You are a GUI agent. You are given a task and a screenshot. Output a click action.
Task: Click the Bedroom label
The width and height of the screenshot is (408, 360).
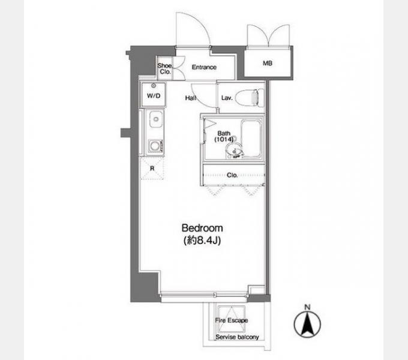[202, 228]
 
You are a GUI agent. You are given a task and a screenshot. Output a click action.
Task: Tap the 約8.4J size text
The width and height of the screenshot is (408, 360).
[202, 241]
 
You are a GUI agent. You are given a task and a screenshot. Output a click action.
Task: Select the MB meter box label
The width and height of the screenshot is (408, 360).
[268, 63]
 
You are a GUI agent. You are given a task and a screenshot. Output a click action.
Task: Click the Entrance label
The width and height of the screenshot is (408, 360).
[204, 67]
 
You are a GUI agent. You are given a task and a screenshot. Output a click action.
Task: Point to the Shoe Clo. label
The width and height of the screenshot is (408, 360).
[165, 68]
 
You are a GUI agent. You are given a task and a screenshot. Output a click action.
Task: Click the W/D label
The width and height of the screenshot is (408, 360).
[154, 96]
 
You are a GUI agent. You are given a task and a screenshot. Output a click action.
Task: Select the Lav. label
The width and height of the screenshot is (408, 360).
[227, 98]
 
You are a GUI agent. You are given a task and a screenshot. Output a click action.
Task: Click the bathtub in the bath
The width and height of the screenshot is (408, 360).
[251, 139]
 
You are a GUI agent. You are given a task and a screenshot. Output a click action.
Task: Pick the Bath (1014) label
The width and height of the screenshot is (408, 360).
[224, 136]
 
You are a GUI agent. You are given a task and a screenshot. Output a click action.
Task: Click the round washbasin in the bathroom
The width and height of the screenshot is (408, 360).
[233, 150]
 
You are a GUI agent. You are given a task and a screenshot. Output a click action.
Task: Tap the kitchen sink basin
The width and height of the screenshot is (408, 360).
[156, 119]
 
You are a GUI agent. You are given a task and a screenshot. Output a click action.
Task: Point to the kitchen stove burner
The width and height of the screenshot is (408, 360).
[155, 146]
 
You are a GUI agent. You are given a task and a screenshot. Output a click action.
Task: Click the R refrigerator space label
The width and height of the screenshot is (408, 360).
[152, 168]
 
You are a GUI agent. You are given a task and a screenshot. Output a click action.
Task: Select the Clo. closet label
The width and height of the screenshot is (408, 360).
[232, 175]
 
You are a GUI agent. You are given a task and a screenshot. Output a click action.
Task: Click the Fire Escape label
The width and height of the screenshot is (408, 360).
[232, 320]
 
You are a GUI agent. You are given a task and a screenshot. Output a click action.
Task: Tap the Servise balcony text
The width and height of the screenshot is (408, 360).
[237, 337]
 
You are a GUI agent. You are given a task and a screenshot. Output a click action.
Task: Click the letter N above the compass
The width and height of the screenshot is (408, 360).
[307, 307]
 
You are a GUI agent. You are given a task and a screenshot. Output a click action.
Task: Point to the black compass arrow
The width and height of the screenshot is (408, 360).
[307, 325]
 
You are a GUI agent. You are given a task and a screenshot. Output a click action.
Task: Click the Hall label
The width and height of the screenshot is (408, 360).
[191, 98]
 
